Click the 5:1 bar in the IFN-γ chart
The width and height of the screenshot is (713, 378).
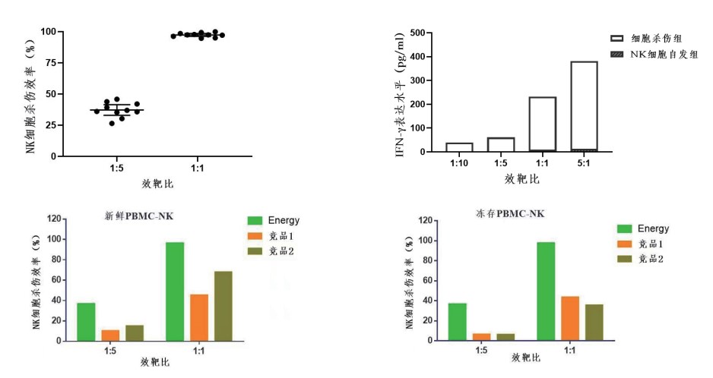583,106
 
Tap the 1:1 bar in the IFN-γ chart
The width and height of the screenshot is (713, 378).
542,124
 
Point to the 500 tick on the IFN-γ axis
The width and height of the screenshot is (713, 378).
417,33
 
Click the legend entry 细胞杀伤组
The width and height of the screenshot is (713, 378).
658,38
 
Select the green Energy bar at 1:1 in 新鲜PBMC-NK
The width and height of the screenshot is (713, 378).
175,291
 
